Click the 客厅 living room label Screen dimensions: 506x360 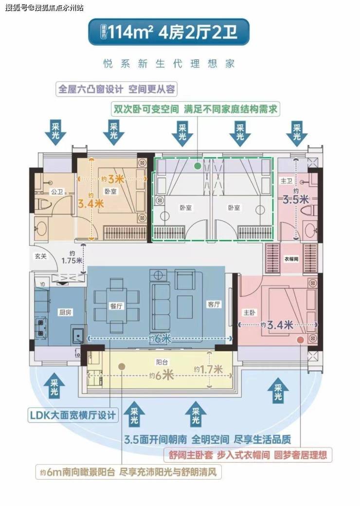(214, 305)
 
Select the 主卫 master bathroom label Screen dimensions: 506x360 (287, 181)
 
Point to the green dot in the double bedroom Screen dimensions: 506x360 (197, 166)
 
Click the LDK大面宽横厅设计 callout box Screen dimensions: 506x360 (72, 415)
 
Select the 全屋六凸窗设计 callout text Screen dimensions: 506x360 (117, 90)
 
